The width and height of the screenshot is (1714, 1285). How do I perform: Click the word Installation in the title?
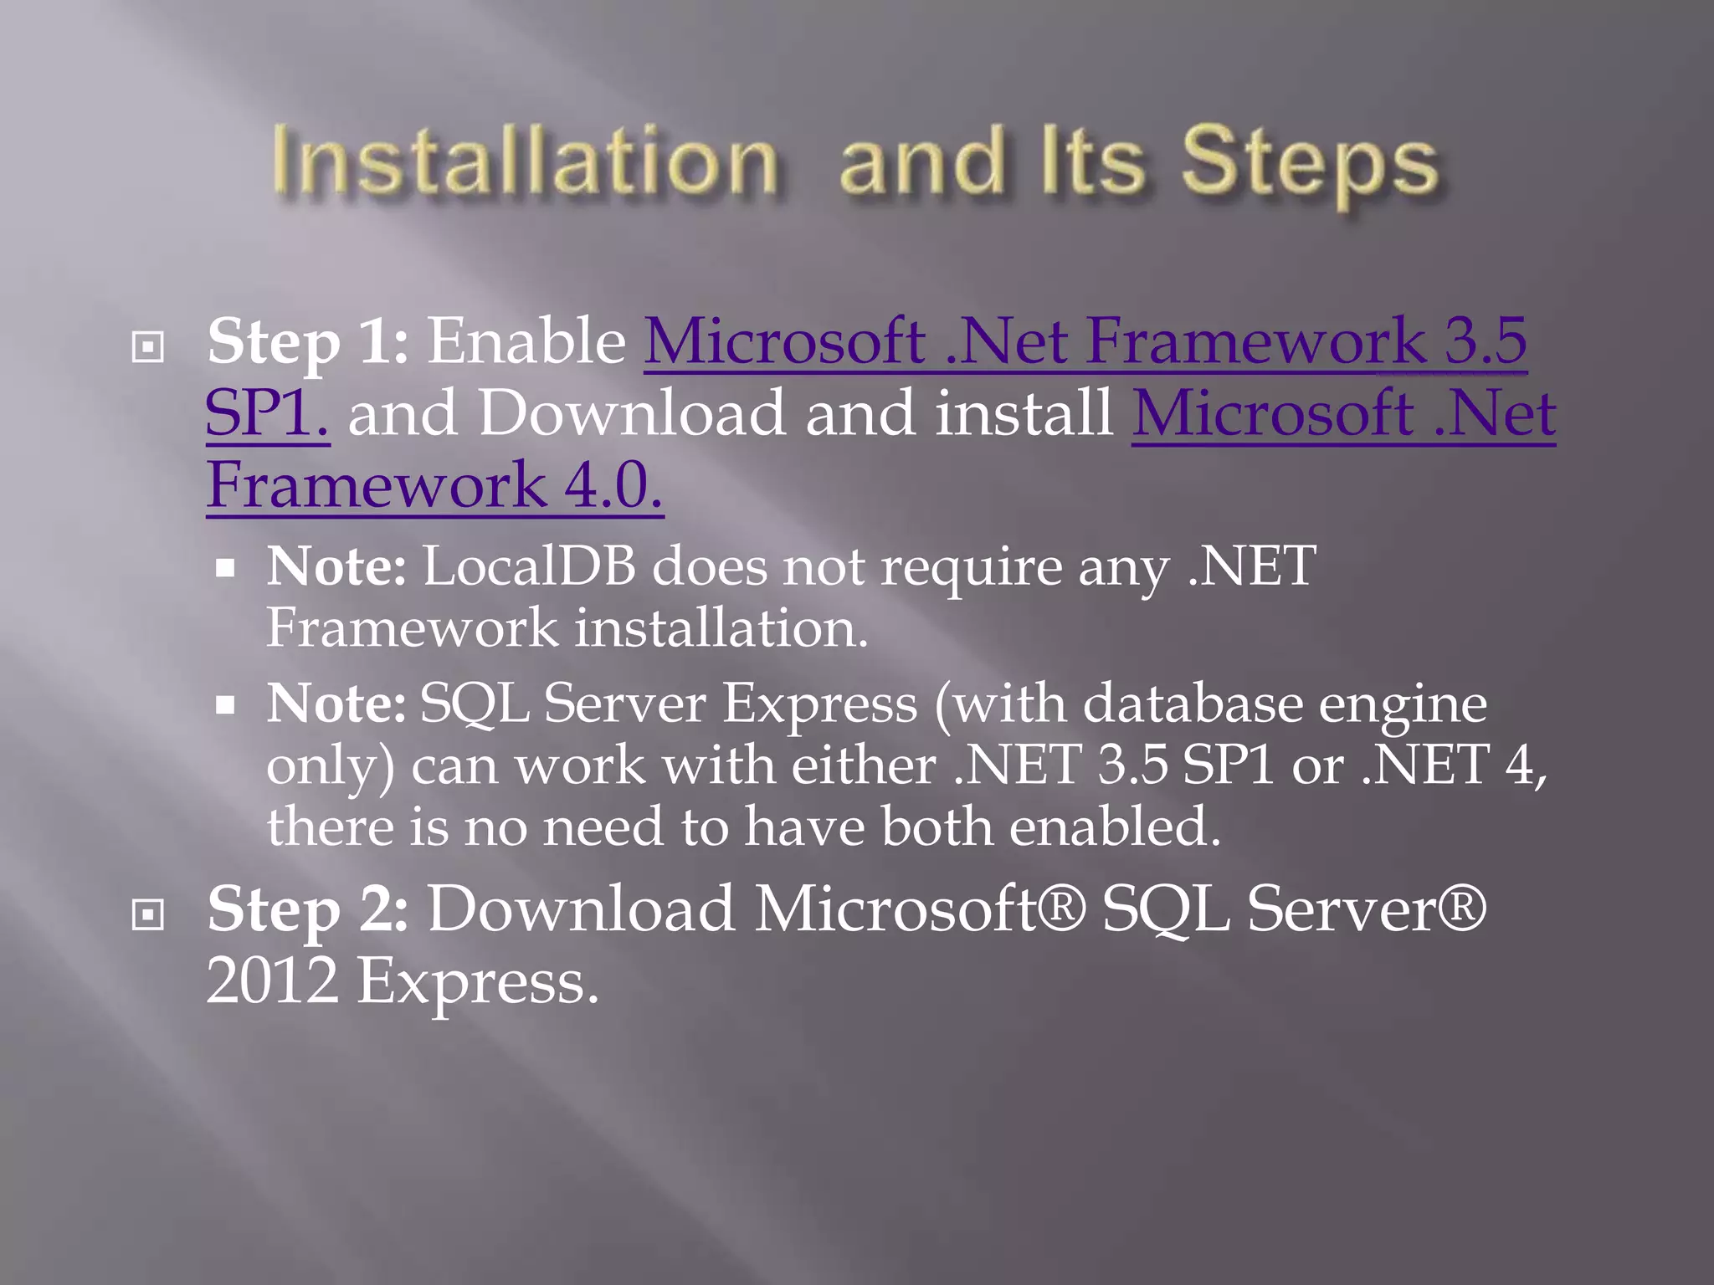coord(526,161)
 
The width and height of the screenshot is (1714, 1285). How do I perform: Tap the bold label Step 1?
coord(307,341)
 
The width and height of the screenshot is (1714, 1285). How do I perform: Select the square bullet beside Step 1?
coord(148,346)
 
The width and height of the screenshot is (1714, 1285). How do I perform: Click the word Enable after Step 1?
coord(526,341)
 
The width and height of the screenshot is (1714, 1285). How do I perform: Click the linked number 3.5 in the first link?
coord(1486,341)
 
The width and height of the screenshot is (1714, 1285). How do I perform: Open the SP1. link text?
coord(267,413)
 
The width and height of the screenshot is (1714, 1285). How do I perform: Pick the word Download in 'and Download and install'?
coord(632,413)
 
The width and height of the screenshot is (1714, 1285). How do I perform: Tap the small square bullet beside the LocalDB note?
coord(224,570)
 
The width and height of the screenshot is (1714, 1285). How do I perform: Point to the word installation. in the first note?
coord(721,627)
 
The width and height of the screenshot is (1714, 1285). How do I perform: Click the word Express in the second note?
coord(819,703)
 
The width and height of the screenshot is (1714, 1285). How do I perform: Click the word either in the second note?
coord(863,765)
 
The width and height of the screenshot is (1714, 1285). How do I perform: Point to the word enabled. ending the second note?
coord(1114,827)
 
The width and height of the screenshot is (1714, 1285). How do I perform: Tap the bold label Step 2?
coord(307,909)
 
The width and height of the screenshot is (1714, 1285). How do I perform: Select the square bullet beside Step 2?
coord(148,914)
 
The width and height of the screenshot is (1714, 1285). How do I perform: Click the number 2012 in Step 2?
coord(272,980)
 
